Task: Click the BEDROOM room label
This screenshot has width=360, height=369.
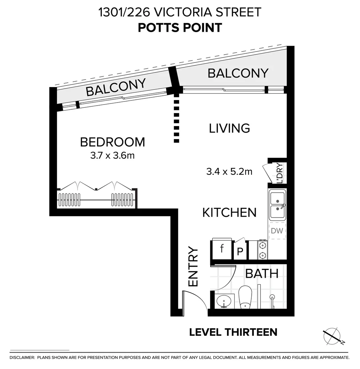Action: click(112, 142)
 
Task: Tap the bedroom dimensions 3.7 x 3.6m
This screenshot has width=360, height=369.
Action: click(112, 156)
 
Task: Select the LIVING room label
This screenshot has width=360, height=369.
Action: click(229, 128)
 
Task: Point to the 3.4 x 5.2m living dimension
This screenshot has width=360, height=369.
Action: click(229, 171)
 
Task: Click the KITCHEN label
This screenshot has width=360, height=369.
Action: click(229, 213)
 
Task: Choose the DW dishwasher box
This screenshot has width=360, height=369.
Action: click(277, 231)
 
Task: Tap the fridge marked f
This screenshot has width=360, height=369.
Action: click(222, 249)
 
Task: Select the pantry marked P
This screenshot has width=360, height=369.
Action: click(240, 252)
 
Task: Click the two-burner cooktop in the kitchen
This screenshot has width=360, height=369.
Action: click(262, 250)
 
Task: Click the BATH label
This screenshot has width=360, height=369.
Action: click(262, 274)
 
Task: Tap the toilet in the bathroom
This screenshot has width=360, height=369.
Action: click(245, 297)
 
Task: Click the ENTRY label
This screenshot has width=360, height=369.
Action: click(193, 267)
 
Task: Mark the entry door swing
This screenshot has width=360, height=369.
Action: click(195, 301)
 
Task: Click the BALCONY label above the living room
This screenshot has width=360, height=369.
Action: click(238, 73)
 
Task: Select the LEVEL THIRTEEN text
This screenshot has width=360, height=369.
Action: click(233, 332)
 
